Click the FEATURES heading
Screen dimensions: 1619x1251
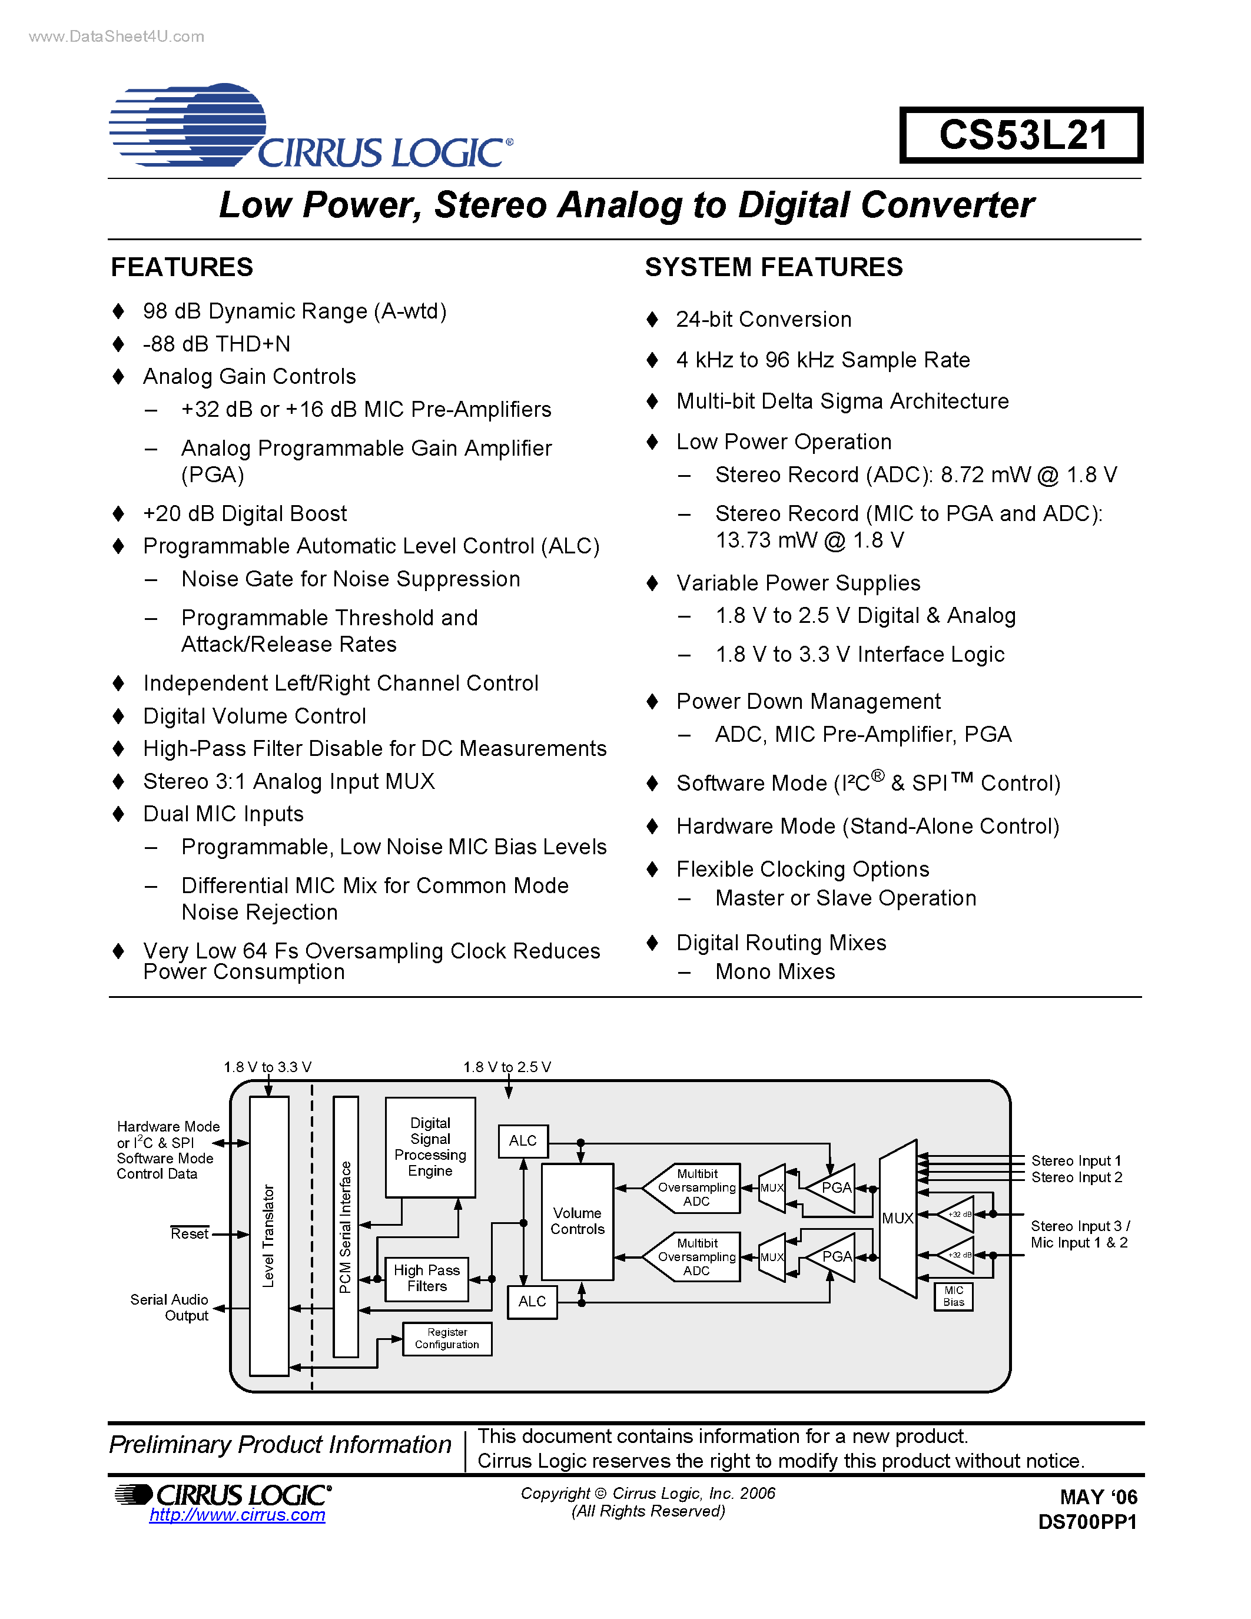(x=181, y=267)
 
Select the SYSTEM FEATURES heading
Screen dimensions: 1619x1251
(x=773, y=267)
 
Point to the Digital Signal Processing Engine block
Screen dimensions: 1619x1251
(x=430, y=1147)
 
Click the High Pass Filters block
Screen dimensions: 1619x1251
(x=426, y=1279)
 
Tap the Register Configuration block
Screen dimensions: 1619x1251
(x=447, y=1338)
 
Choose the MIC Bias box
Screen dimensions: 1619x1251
(x=953, y=1296)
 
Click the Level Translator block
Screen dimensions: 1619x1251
(x=268, y=1236)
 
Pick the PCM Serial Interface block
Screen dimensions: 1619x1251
(x=346, y=1227)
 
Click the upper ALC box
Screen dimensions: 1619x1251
(x=523, y=1141)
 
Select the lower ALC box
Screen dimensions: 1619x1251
(x=532, y=1301)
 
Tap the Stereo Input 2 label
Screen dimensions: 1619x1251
(x=1076, y=1177)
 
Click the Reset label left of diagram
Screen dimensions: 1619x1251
(x=189, y=1233)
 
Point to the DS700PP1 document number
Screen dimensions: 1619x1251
(x=1087, y=1522)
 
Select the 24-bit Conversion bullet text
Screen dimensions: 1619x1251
(x=764, y=320)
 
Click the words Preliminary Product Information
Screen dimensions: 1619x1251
(x=280, y=1444)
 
